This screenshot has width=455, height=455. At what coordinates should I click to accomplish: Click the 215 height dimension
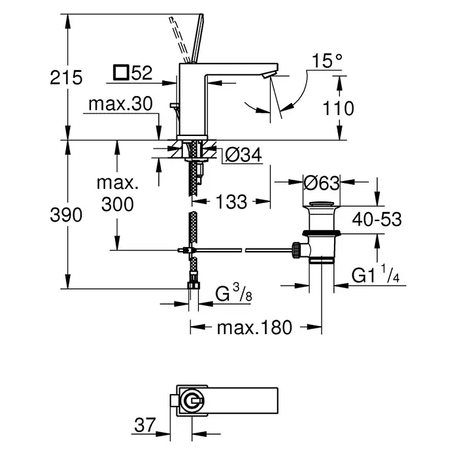tap(66, 78)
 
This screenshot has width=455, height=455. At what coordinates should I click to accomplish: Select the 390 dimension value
tap(66, 215)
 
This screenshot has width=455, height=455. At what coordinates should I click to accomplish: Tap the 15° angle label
tap(327, 61)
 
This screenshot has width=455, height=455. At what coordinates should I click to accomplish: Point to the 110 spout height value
tap(339, 109)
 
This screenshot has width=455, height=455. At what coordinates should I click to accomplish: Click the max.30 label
tap(120, 103)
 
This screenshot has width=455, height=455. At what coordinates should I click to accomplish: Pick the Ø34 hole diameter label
tap(243, 155)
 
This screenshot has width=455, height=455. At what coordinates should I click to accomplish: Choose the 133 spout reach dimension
tap(231, 201)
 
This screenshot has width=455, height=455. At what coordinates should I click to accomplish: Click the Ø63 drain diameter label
tap(322, 183)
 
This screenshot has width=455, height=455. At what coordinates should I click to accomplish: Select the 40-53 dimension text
tap(377, 219)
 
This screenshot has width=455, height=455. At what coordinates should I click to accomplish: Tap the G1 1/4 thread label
tap(376, 275)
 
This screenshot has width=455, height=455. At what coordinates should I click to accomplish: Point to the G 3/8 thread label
tap(233, 293)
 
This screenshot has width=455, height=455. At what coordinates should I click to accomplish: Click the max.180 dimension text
tap(254, 328)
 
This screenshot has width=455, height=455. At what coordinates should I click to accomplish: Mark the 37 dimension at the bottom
tap(144, 425)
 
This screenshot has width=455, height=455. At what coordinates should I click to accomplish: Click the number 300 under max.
tap(118, 204)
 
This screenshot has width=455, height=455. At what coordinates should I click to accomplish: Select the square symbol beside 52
tap(121, 73)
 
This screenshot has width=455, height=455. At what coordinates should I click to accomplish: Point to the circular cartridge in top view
tap(192, 401)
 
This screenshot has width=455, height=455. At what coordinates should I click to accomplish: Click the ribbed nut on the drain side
tap(296, 250)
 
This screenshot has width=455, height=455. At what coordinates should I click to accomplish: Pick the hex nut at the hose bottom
tap(194, 284)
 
